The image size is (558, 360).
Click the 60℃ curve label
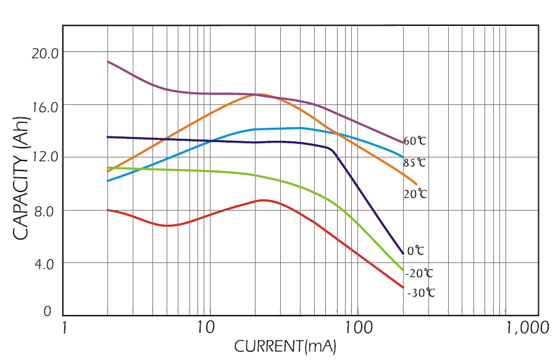415,141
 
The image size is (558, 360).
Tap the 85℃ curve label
415,164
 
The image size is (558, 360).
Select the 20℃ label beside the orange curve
415,194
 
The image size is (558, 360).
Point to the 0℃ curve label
415,251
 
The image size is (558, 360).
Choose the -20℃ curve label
420,273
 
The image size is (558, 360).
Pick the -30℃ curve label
421,293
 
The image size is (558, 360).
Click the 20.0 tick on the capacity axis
45,53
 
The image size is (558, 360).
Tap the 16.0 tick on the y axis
45,106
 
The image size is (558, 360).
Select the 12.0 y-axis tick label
45,157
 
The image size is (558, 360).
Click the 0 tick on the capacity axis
47,312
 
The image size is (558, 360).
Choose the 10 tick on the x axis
206,327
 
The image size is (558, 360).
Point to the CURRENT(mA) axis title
285,346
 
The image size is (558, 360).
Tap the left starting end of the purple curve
108,62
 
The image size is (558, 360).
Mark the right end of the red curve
403,288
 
